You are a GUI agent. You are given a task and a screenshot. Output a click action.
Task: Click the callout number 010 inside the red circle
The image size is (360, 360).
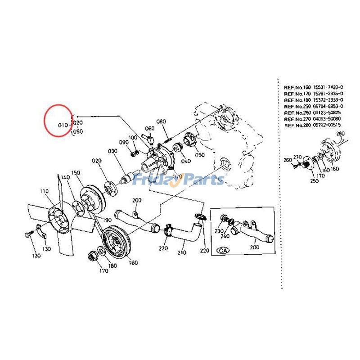(62, 124)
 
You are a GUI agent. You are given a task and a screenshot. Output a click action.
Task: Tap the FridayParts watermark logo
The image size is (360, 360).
(180, 180)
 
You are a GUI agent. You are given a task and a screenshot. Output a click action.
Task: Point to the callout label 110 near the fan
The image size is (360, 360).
(44, 191)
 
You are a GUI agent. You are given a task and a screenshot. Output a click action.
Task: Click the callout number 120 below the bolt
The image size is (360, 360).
(36, 256)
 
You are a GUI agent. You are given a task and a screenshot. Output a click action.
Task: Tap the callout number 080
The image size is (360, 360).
(162, 121)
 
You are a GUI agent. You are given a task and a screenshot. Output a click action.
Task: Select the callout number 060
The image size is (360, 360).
(149, 128)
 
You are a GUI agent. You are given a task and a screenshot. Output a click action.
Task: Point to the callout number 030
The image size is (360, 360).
(112, 152)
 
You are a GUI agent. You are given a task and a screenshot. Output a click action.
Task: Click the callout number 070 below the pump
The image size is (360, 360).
(176, 176)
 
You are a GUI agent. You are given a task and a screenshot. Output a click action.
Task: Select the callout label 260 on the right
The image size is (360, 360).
(288, 160)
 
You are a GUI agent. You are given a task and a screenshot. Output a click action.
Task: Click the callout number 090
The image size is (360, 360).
(124, 142)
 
